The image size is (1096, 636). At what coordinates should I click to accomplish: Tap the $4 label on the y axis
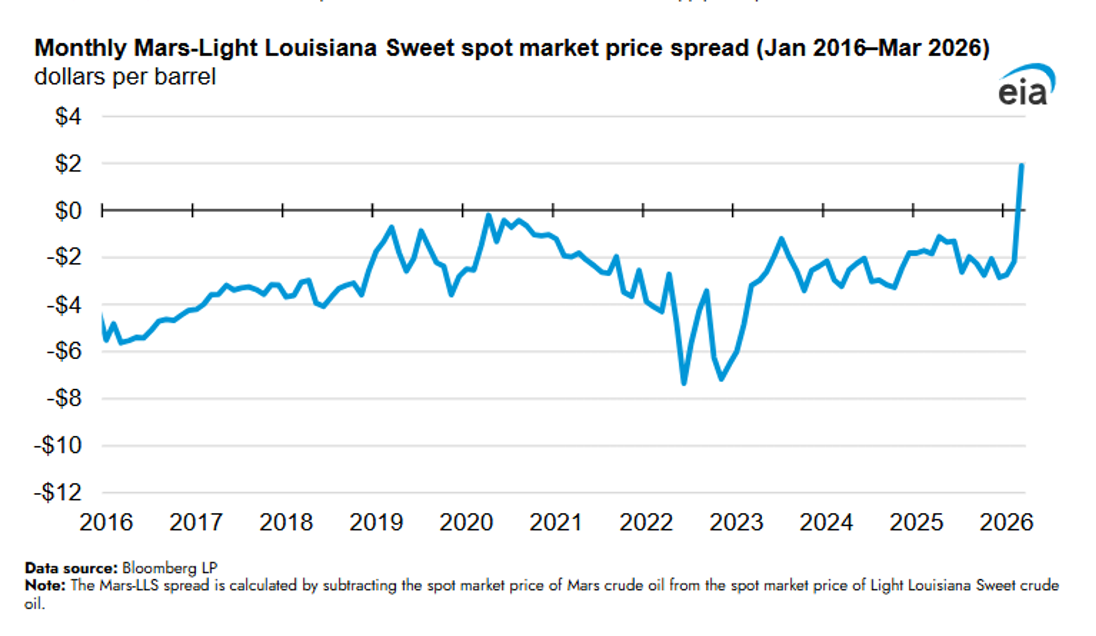click(x=68, y=116)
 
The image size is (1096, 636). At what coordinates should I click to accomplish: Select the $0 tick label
click(x=68, y=211)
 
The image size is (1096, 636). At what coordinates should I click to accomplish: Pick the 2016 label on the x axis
click(x=106, y=522)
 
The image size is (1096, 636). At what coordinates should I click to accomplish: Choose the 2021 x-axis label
click(x=556, y=522)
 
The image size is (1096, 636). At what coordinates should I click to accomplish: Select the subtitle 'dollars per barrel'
click(x=125, y=77)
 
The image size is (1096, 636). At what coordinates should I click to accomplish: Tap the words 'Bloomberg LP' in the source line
click(x=170, y=568)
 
